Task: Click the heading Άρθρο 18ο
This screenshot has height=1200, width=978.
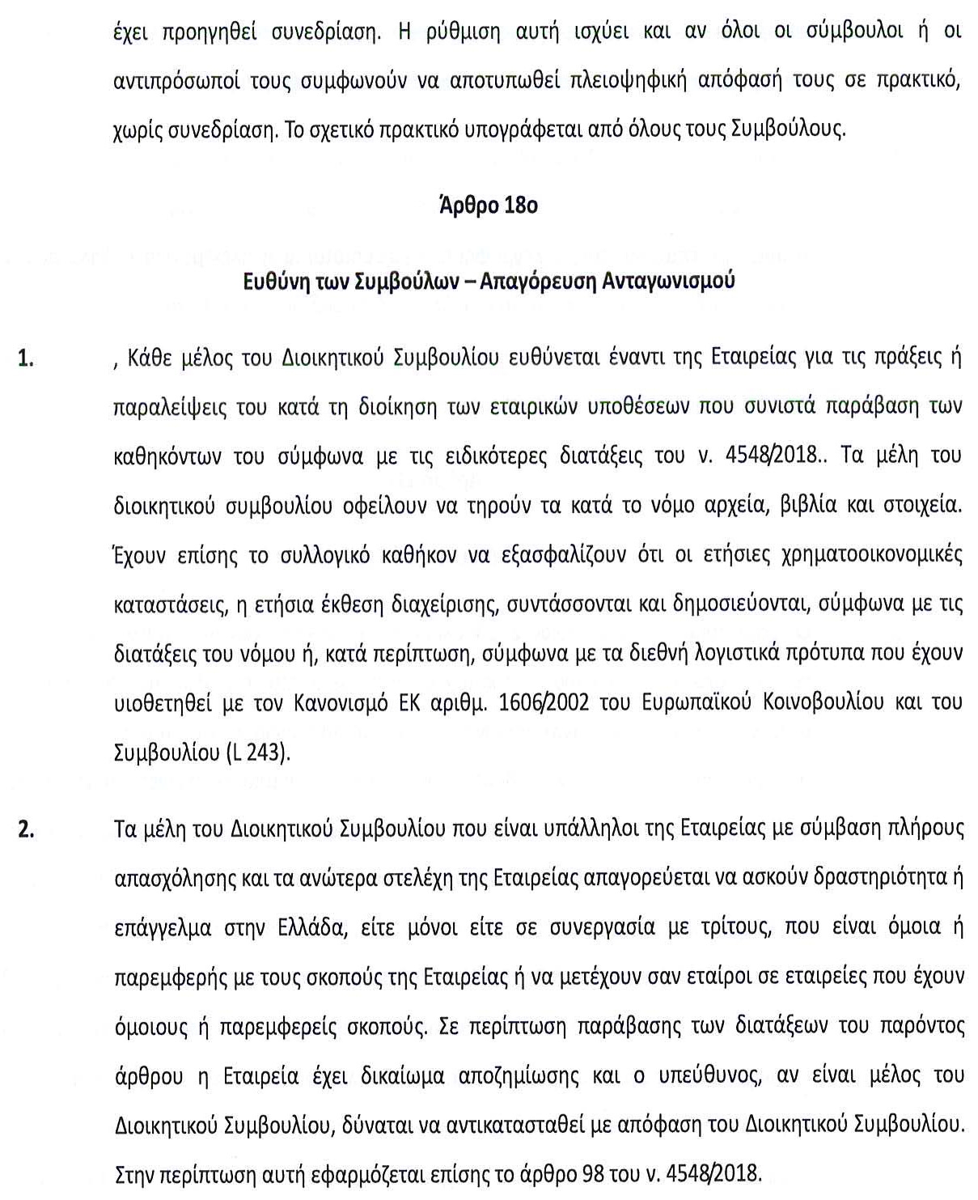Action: coord(488,206)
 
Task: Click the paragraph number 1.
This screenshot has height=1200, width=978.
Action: coord(27,359)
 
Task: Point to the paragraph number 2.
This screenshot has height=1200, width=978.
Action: coord(27,830)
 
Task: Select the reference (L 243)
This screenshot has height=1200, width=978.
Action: coord(255,752)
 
